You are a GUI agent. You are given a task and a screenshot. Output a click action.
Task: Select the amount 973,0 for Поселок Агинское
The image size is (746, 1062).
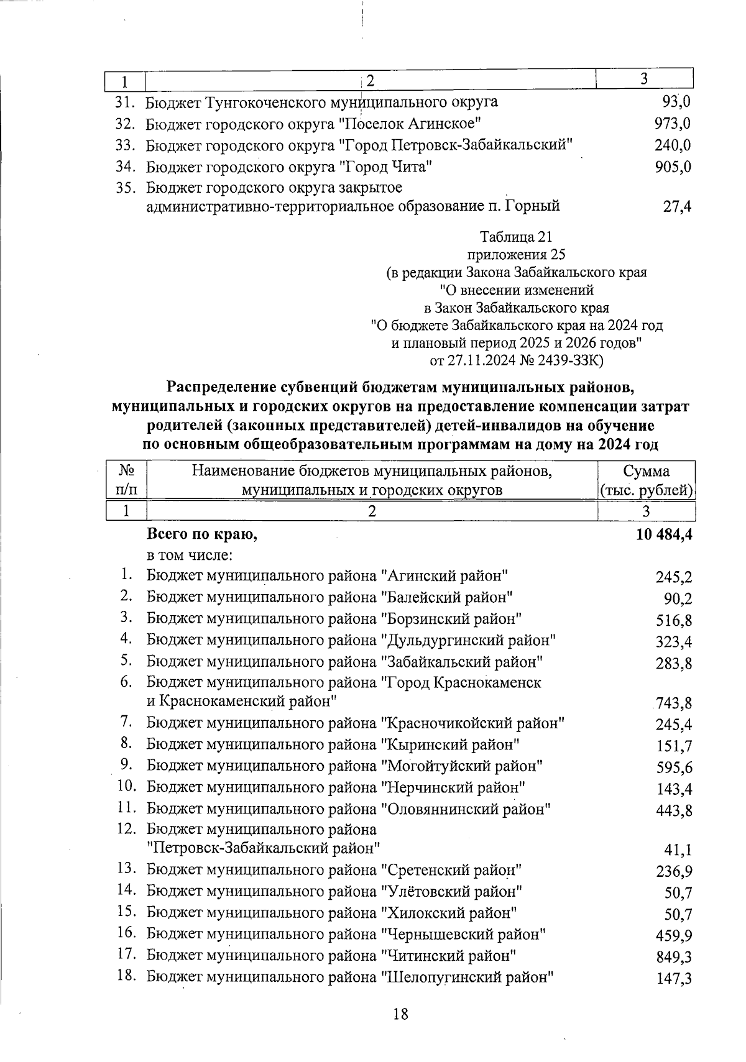[x=673, y=124]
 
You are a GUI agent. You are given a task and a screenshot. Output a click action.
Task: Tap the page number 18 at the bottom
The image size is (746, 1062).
[x=401, y=1014]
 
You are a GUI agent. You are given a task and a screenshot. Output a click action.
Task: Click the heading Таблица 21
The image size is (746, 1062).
[x=516, y=237]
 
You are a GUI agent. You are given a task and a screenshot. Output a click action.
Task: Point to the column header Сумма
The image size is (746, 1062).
[x=646, y=470]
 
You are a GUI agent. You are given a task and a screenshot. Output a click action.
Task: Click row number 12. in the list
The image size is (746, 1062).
[x=126, y=828]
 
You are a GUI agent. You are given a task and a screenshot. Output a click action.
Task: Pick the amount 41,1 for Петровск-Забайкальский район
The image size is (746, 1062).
[x=679, y=850]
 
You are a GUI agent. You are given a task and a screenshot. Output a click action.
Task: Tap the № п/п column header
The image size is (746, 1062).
[x=126, y=480]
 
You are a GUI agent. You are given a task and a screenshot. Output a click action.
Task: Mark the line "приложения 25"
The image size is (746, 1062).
[x=516, y=254]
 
